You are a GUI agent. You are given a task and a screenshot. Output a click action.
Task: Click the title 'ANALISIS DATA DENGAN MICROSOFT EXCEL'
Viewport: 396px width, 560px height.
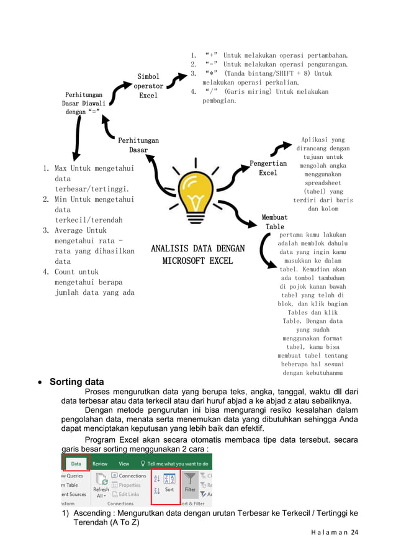[197, 255]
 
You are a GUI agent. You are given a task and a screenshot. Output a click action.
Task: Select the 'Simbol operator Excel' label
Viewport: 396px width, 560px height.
[148, 86]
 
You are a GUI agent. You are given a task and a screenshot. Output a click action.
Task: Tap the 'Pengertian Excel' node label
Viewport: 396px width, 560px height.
[268, 168]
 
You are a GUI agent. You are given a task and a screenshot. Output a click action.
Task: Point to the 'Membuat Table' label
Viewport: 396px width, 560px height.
[274, 222]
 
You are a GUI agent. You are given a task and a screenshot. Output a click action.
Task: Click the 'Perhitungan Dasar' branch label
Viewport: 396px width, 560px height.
[138, 145]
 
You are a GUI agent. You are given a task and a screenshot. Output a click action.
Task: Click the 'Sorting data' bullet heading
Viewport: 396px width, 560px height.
[76, 382]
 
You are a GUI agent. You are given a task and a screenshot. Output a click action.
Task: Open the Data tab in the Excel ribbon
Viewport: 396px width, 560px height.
[75, 463]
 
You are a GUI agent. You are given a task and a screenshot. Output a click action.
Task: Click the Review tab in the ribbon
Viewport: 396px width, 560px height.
[100, 463]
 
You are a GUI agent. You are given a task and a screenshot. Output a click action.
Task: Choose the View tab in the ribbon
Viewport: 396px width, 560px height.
[124, 463]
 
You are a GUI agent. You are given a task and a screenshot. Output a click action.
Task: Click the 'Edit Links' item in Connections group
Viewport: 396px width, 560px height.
[129, 494]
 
